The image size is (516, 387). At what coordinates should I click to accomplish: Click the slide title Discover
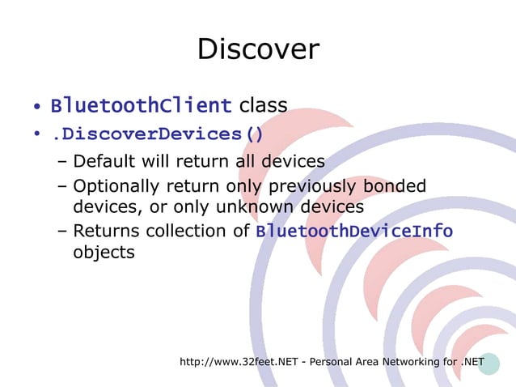click(x=258, y=49)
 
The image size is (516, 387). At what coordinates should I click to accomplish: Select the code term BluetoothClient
click(x=142, y=106)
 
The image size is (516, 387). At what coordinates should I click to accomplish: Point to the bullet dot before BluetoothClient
click(x=37, y=108)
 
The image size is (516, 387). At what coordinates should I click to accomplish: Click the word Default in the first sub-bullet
click(x=105, y=162)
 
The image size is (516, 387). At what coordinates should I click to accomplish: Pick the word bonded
click(x=395, y=188)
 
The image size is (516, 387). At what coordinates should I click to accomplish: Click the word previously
click(x=317, y=188)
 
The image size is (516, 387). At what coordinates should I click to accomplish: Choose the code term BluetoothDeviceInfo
click(x=353, y=232)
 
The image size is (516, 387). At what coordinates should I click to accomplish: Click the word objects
click(x=104, y=252)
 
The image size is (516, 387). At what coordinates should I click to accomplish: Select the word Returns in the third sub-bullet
click(x=105, y=232)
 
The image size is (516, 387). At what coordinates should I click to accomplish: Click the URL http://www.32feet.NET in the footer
click(x=239, y=360)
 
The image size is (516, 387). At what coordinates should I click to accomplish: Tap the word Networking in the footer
click(x=407, y=360)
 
